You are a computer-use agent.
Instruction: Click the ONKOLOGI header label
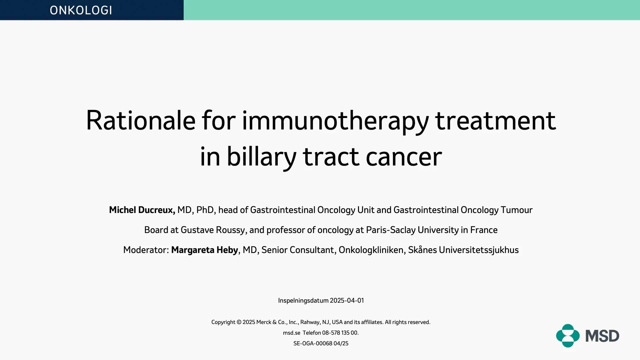(81, 10)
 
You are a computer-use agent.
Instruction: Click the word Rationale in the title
(141, 120)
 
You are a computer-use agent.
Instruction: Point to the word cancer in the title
(404, 158)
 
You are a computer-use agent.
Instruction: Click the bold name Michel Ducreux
(142, 210)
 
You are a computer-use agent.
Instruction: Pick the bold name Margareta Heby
(205, 250)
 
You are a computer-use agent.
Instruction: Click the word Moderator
(146, 250)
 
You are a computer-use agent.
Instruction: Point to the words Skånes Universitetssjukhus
(463, 250)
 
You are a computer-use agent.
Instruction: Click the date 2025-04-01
(347, 300)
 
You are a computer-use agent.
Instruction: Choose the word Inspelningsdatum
(303, 301)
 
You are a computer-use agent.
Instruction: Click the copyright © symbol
(239, 322)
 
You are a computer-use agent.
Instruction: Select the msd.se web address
(292, 333)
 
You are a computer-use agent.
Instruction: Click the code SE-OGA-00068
(313, 343)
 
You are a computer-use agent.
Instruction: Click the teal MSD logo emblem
(568, 336)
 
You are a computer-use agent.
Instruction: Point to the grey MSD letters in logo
(602, 336)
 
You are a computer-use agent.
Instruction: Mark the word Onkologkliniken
(371, 250)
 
